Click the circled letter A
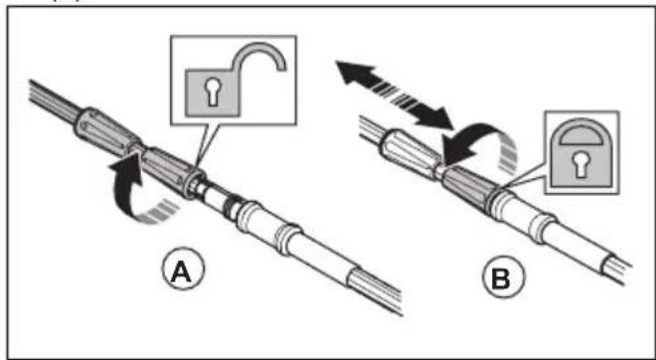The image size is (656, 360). click(x=183, y=272)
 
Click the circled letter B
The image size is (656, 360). click(x=503, y=277)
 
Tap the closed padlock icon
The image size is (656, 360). click(x=581, y=153)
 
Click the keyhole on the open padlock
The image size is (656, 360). click(x=214, y=92)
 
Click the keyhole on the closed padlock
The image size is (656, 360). click(x=581, y=164)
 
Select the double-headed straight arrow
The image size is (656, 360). click(x=395, y=95)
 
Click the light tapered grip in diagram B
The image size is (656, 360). click(x=409, y=154)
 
